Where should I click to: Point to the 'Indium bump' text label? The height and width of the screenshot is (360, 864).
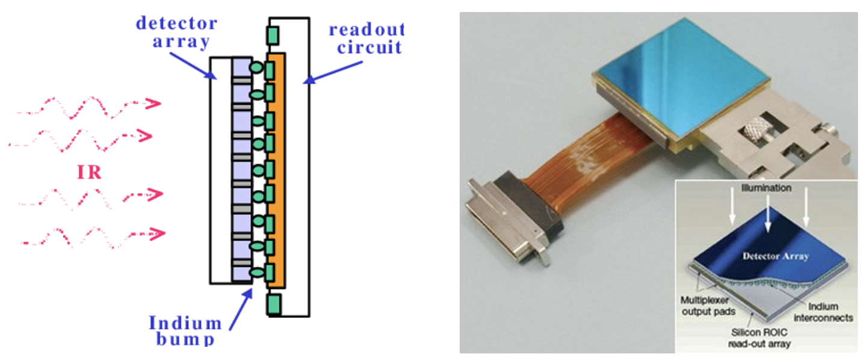point(185,331)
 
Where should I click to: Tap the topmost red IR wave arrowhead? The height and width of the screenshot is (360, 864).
point(153,104)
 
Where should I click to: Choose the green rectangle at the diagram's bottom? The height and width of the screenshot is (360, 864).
point(274,303)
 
